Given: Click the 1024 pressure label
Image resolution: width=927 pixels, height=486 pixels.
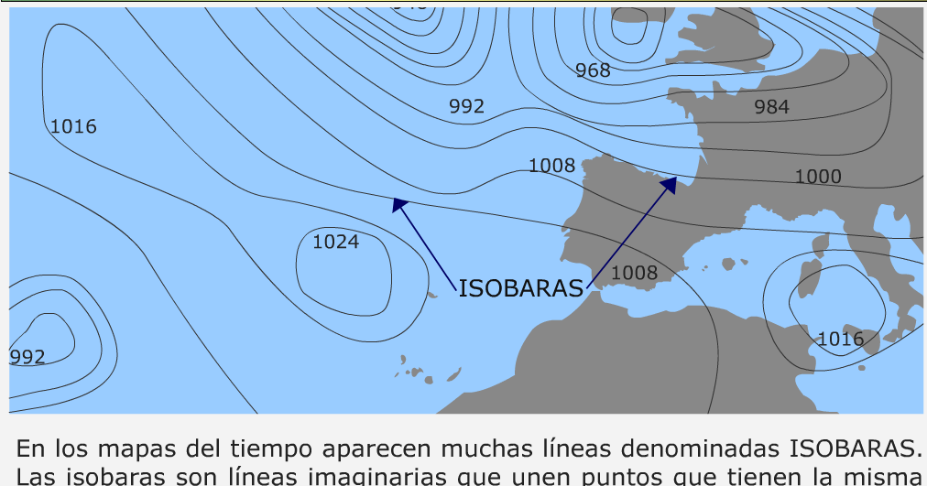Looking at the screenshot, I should click(x=335, y=243).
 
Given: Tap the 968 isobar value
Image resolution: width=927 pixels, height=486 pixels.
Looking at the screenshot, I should click(x=593, y=70).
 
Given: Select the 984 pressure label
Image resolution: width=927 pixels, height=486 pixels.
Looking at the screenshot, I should click(x=771, y=107).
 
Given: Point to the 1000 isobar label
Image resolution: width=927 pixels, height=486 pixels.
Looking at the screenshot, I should click(x=817, y=177).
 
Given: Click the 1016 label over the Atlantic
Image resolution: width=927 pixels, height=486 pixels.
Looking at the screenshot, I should click(x=73, y=126).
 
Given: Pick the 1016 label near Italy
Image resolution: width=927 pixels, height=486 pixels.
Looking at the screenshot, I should click(x=840, y=340).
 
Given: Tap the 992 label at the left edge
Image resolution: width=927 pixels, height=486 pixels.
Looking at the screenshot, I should click(x=27, y=357).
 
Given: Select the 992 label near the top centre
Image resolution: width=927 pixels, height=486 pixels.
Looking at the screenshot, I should click(x=466, y=107).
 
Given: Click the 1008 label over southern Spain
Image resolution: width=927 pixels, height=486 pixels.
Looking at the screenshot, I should click(x=634, y=273).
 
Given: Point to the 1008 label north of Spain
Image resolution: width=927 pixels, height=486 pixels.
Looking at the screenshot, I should click(x=551, y=166).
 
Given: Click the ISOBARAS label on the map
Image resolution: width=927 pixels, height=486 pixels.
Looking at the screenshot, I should click(x=520, y=289).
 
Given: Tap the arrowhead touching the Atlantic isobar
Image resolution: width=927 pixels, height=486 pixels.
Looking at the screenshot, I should click(x=398, y=203).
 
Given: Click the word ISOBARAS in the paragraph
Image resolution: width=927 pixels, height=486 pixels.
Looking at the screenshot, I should click(x=854, y=449).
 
